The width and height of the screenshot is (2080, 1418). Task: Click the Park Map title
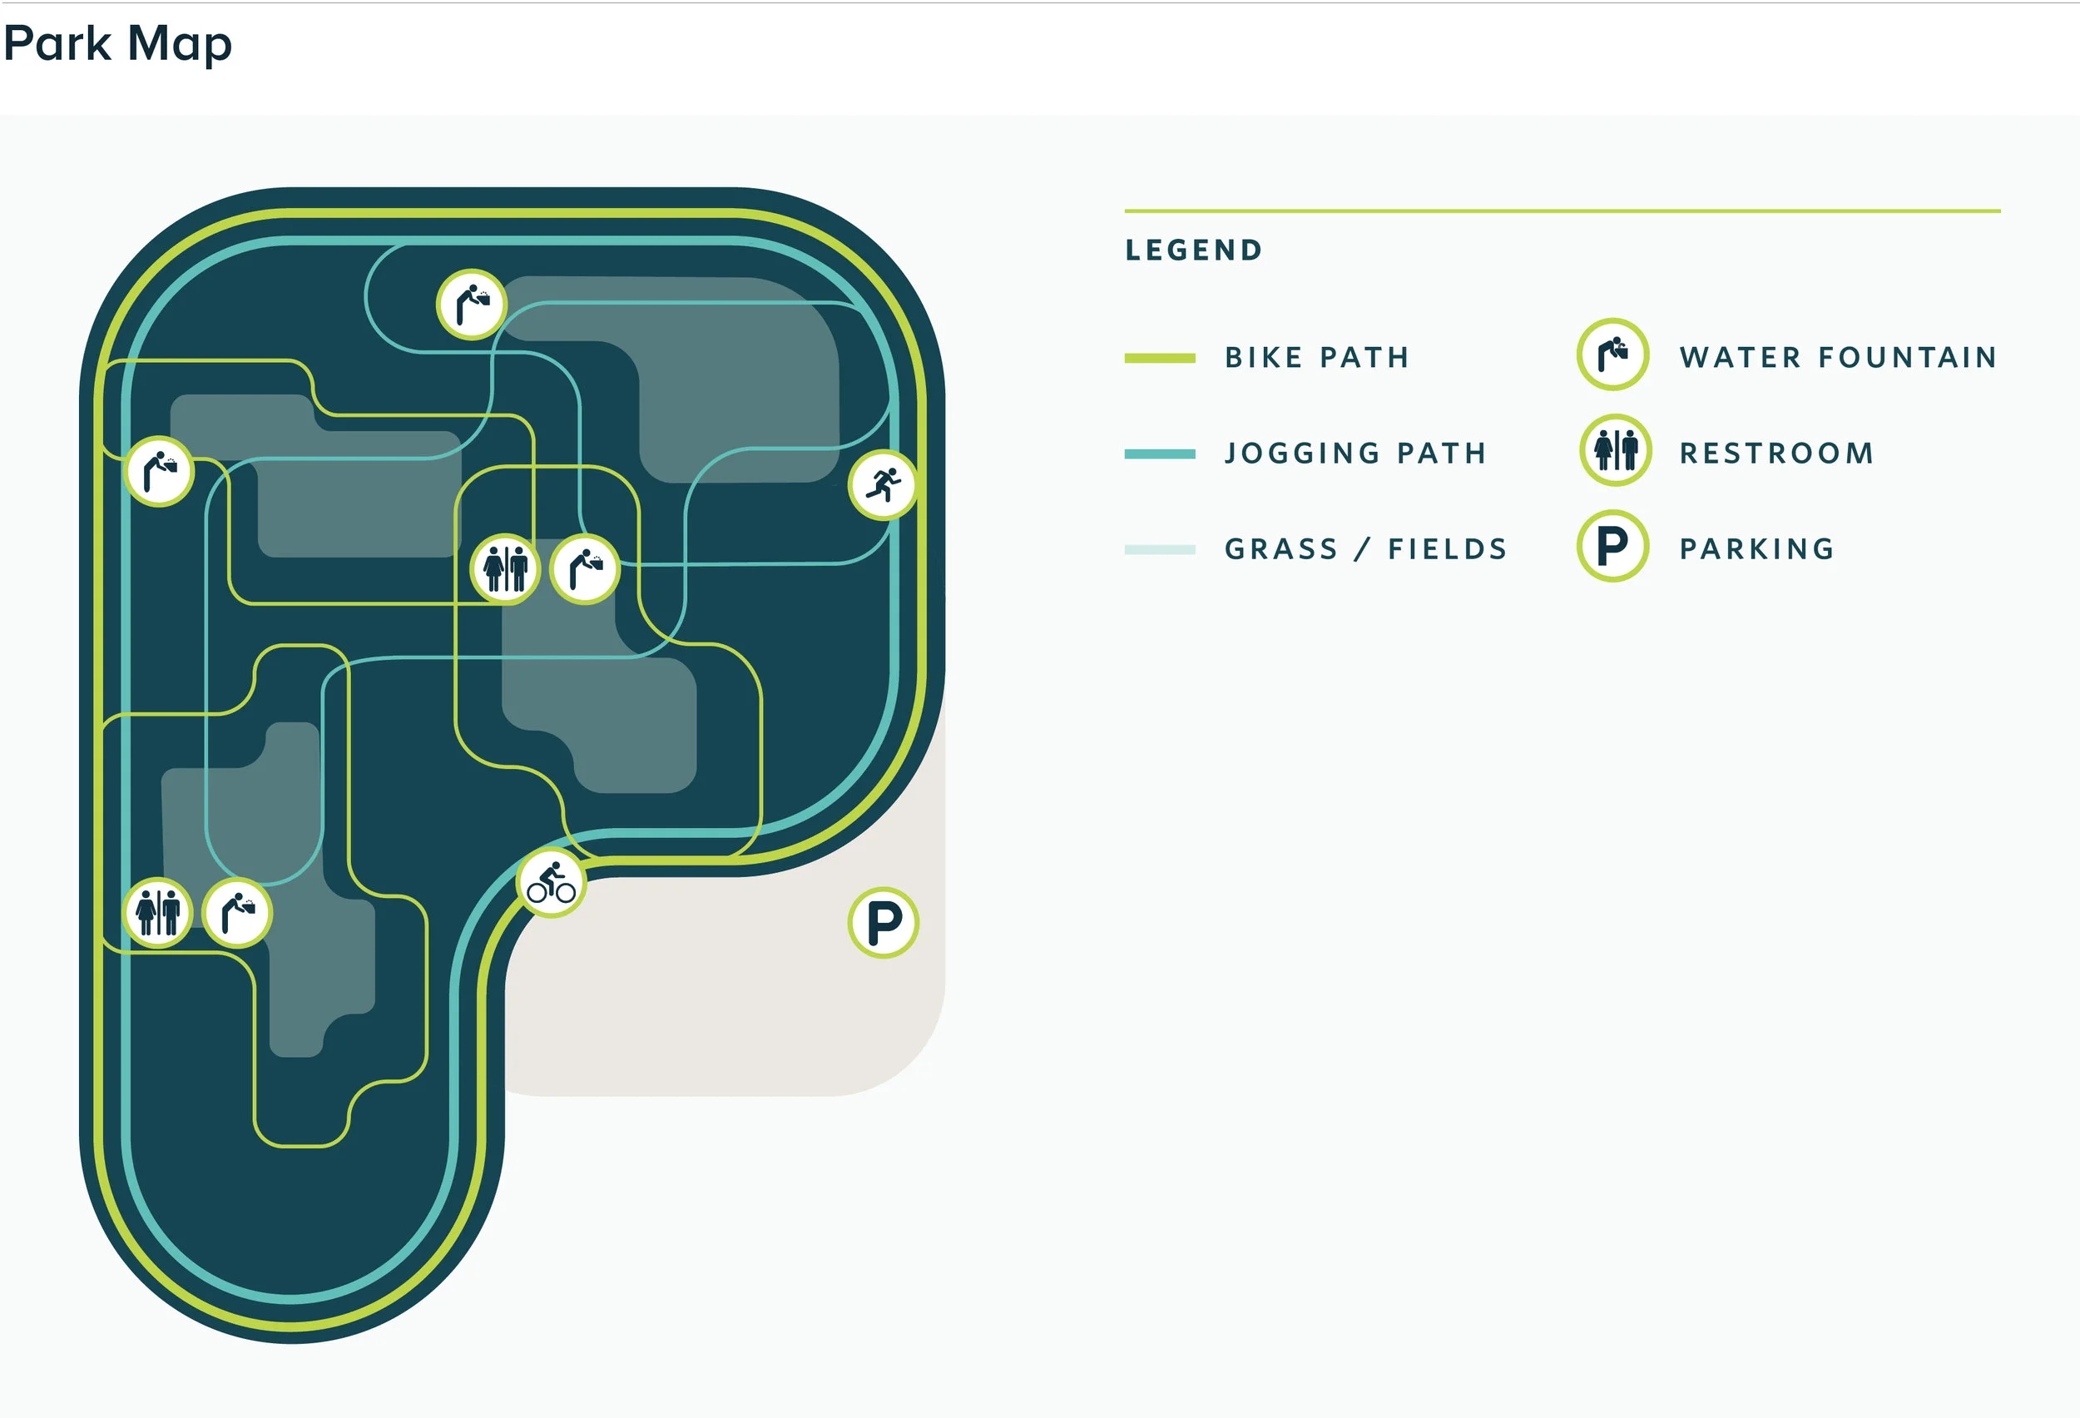117,44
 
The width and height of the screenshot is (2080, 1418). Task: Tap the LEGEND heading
1193,250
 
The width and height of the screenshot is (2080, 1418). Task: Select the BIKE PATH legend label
1316,358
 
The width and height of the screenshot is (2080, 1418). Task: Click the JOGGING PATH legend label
1355,454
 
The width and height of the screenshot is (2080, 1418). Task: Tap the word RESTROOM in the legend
1776,454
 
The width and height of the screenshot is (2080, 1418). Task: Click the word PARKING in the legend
1757,548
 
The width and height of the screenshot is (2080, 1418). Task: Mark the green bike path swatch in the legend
1159,358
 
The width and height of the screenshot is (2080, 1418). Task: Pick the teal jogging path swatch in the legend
1159,454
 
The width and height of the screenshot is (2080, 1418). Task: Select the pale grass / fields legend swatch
1159,550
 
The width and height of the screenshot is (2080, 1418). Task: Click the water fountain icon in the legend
1612,354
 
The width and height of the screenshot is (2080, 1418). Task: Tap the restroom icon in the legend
1616,450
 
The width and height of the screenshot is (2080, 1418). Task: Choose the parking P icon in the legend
1612,546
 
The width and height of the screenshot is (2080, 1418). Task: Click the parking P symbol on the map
884,923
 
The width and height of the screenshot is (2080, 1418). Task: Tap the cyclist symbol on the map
552,882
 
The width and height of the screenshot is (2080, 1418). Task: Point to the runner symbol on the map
883,485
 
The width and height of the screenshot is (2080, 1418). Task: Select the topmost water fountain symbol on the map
472,305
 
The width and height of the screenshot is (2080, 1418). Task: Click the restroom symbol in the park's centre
506,569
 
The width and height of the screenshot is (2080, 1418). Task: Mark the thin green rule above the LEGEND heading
1562,211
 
